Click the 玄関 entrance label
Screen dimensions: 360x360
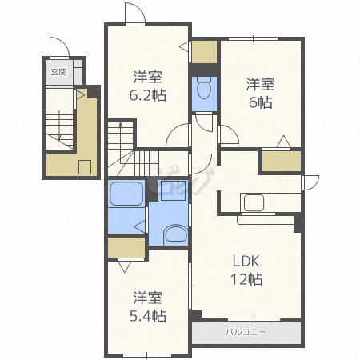tap(58, 72)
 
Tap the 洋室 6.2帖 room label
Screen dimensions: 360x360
tap(148, 86)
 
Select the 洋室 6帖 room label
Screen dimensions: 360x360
tap(260, 93)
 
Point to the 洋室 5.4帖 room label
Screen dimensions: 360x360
tap(148, 306)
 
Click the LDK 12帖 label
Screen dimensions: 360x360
tap(246, 270)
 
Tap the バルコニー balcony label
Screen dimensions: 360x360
tap(246, 332)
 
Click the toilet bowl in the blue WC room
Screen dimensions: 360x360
tap(204, 88)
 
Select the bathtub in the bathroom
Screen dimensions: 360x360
tap(126, 194)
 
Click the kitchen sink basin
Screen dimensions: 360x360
tap(254, 202)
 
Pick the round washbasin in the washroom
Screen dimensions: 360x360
tap(175, 234)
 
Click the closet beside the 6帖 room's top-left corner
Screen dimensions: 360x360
tap(204, 52)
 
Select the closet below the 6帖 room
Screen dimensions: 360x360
tap(281, 161)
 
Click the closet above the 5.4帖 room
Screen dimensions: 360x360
tap(126, 247)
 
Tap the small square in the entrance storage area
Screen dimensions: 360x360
tap(85, 167)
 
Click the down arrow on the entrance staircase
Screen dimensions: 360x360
tap(59, 125)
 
